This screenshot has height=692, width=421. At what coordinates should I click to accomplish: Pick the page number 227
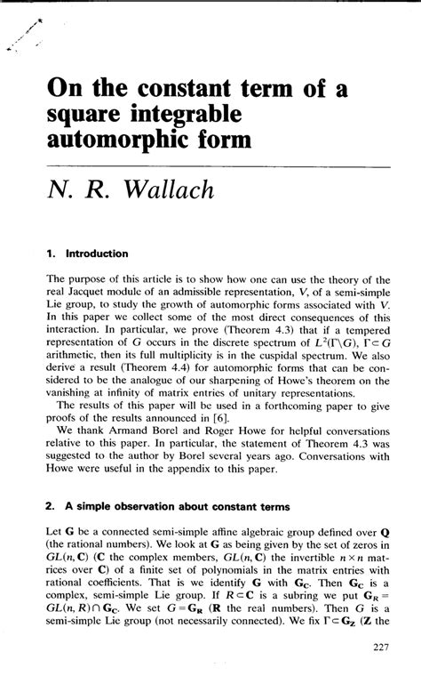pos(377,672)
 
